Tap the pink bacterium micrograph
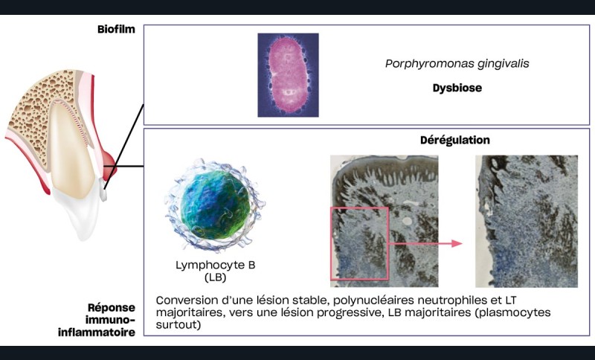(x=288, y=74)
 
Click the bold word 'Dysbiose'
(x=457, y=88)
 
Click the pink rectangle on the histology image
(x=359, y=244)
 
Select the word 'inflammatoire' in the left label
(x=109, y=332)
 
